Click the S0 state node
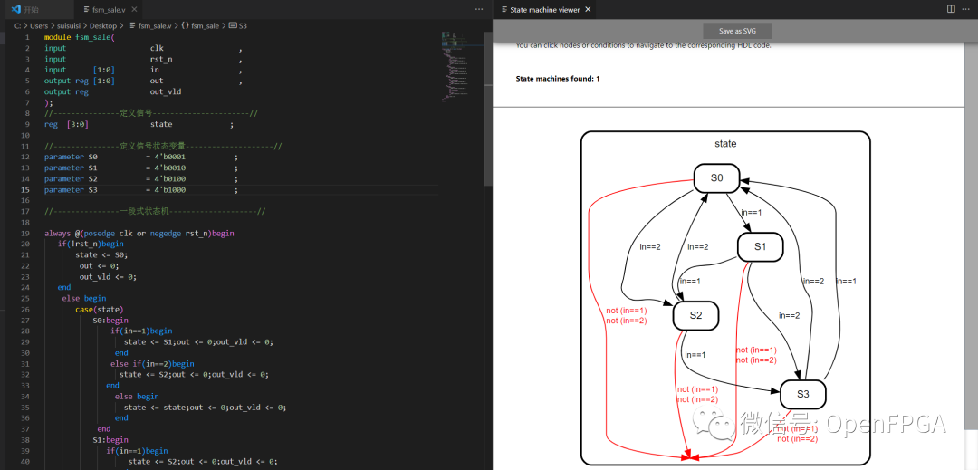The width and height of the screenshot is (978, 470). (x=716, y=178)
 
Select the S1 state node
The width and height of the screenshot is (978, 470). (x=760, y=246)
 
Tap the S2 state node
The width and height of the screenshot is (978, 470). (x=695, y=315)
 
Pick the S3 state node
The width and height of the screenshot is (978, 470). (x=803, y=394)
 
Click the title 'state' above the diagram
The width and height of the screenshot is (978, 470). (x=725, y=144)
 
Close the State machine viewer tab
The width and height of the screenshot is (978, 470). (x=588, y=9)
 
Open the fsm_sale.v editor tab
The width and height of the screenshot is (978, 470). (x=108, y=9)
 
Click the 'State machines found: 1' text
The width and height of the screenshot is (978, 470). (x=557, y=79)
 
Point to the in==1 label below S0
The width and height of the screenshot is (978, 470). (x=752, y=213)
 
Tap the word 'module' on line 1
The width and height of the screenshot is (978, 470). (x=58, y=37)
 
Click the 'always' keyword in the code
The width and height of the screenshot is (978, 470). (x=58, y=233)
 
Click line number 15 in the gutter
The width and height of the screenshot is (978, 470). (x=25, y=190)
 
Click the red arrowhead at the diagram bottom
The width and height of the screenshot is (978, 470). (x=695, y=456)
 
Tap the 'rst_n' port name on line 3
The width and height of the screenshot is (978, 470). (x=160, y=59)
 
